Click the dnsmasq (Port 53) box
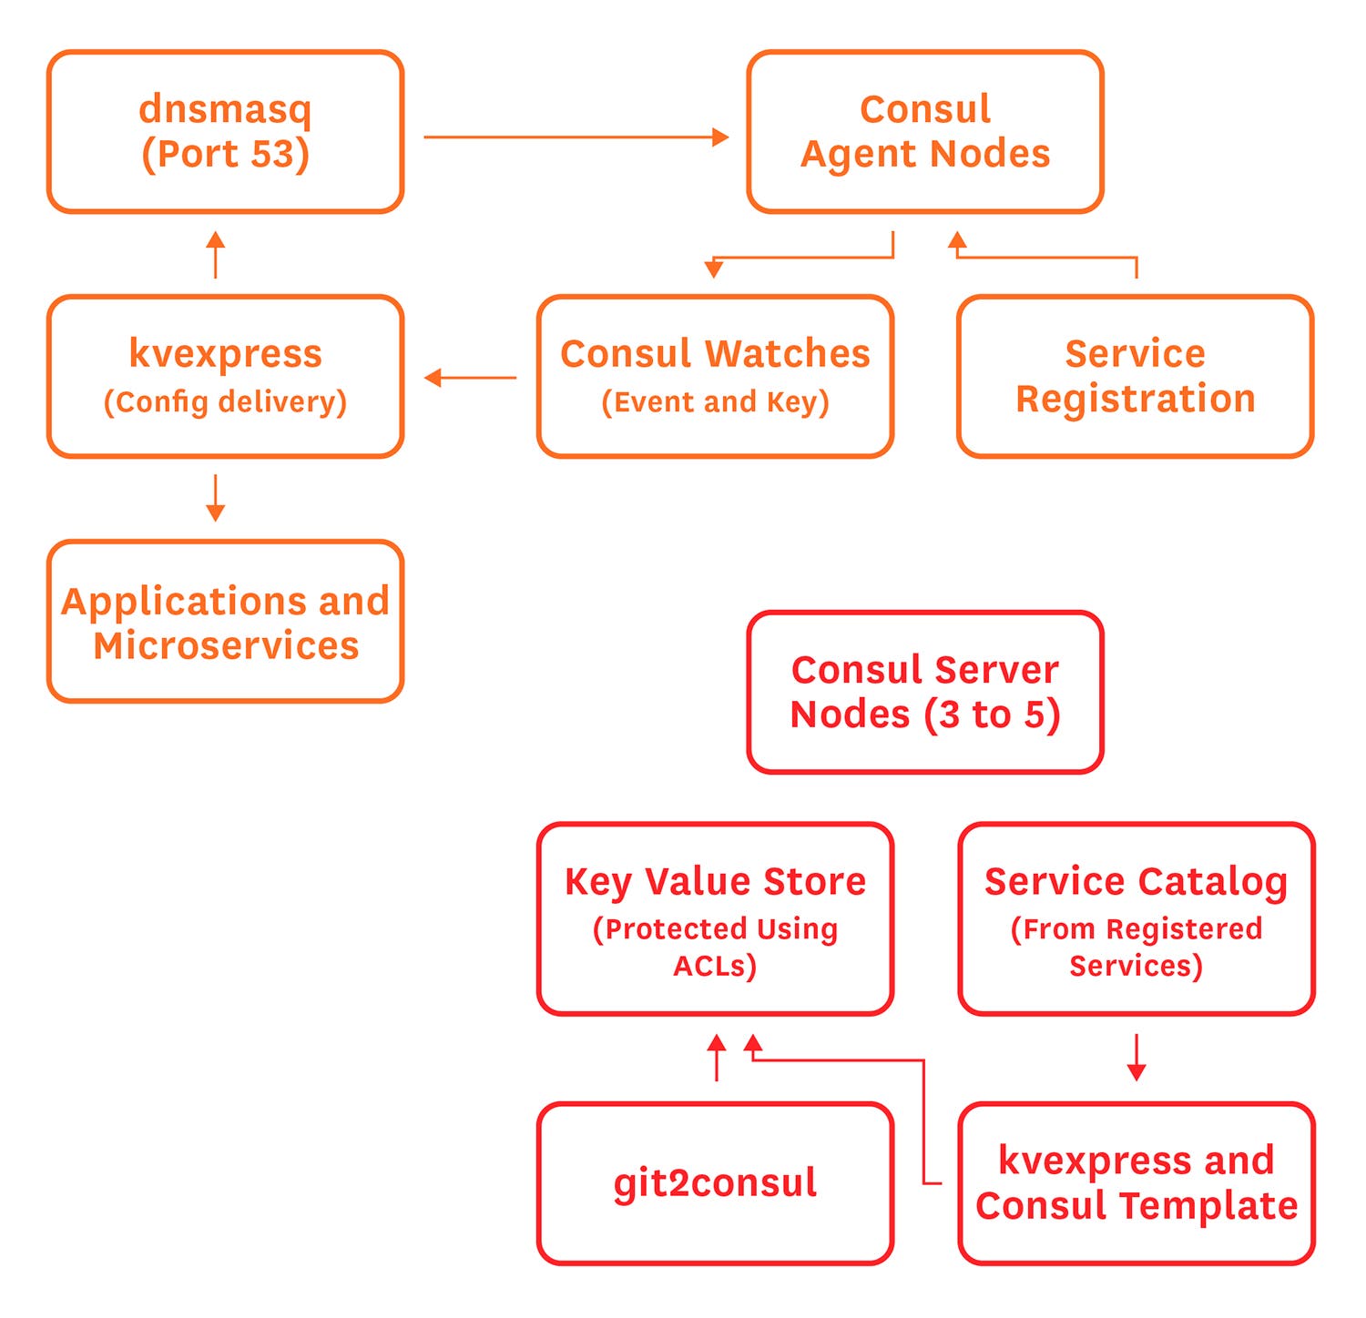[225, 132]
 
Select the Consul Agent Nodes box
[925, 132]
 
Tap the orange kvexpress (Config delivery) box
[225, 376]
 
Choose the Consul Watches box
[715, 376]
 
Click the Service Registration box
[1135, 376]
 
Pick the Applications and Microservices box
[225, 622]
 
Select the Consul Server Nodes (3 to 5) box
[925, 692]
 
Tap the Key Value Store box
[715, 918]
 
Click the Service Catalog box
[1136, 918]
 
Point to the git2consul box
[715, 1183]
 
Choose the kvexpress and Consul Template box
[1136, 1183]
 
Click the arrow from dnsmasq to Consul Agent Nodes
[576, 137]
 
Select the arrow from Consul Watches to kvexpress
[470, 377]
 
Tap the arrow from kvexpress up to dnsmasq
[216, 254]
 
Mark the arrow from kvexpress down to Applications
[216, 498]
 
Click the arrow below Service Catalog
[1136, 1057]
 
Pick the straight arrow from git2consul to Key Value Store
[717, 1057]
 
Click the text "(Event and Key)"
[715, 401]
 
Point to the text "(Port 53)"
[225, 154]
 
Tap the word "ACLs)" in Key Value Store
[715, 966]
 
